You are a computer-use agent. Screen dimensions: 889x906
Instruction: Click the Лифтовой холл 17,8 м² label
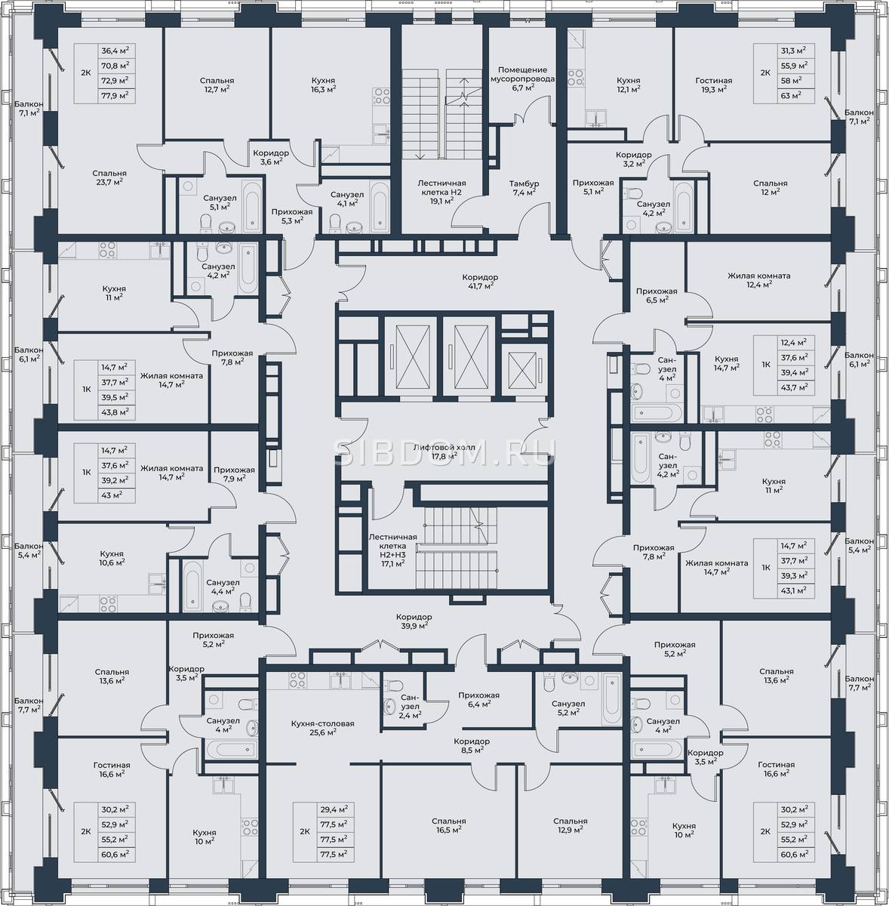(444, 451)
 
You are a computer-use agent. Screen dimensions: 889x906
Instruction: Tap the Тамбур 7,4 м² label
(524, 187)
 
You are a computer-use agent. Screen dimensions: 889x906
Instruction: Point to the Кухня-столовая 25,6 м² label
(322, 728)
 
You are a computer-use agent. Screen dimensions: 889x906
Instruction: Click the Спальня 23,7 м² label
(109, 177)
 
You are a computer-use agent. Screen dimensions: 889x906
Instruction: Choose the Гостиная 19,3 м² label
(714, 85)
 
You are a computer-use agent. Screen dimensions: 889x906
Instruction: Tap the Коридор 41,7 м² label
(479, 281)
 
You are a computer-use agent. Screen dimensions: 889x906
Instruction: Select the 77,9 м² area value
(115, 95)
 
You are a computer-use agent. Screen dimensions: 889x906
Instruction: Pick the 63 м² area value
(791, 95)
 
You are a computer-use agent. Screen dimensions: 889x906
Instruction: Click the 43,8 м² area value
(115, 412)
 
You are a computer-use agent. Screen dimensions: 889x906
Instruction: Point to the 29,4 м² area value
(333, 809)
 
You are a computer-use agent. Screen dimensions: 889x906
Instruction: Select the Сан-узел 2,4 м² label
(411, 706)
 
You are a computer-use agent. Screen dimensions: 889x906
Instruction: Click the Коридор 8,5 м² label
(472, 746)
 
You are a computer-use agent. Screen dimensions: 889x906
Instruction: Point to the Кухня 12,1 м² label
(629, 84)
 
